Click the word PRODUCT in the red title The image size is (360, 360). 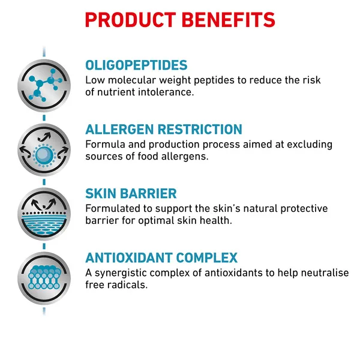130,20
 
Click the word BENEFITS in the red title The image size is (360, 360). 229,20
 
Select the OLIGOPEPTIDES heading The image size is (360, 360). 136,65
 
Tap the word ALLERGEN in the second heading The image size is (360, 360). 119,129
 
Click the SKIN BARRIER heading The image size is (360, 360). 131,194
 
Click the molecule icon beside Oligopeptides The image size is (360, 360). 44,85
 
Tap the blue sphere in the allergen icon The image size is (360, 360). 44,155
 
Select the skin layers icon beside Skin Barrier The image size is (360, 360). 44,214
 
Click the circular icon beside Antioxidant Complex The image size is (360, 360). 44,278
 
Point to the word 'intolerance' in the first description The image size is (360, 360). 166,92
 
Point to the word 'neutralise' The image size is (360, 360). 325,273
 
